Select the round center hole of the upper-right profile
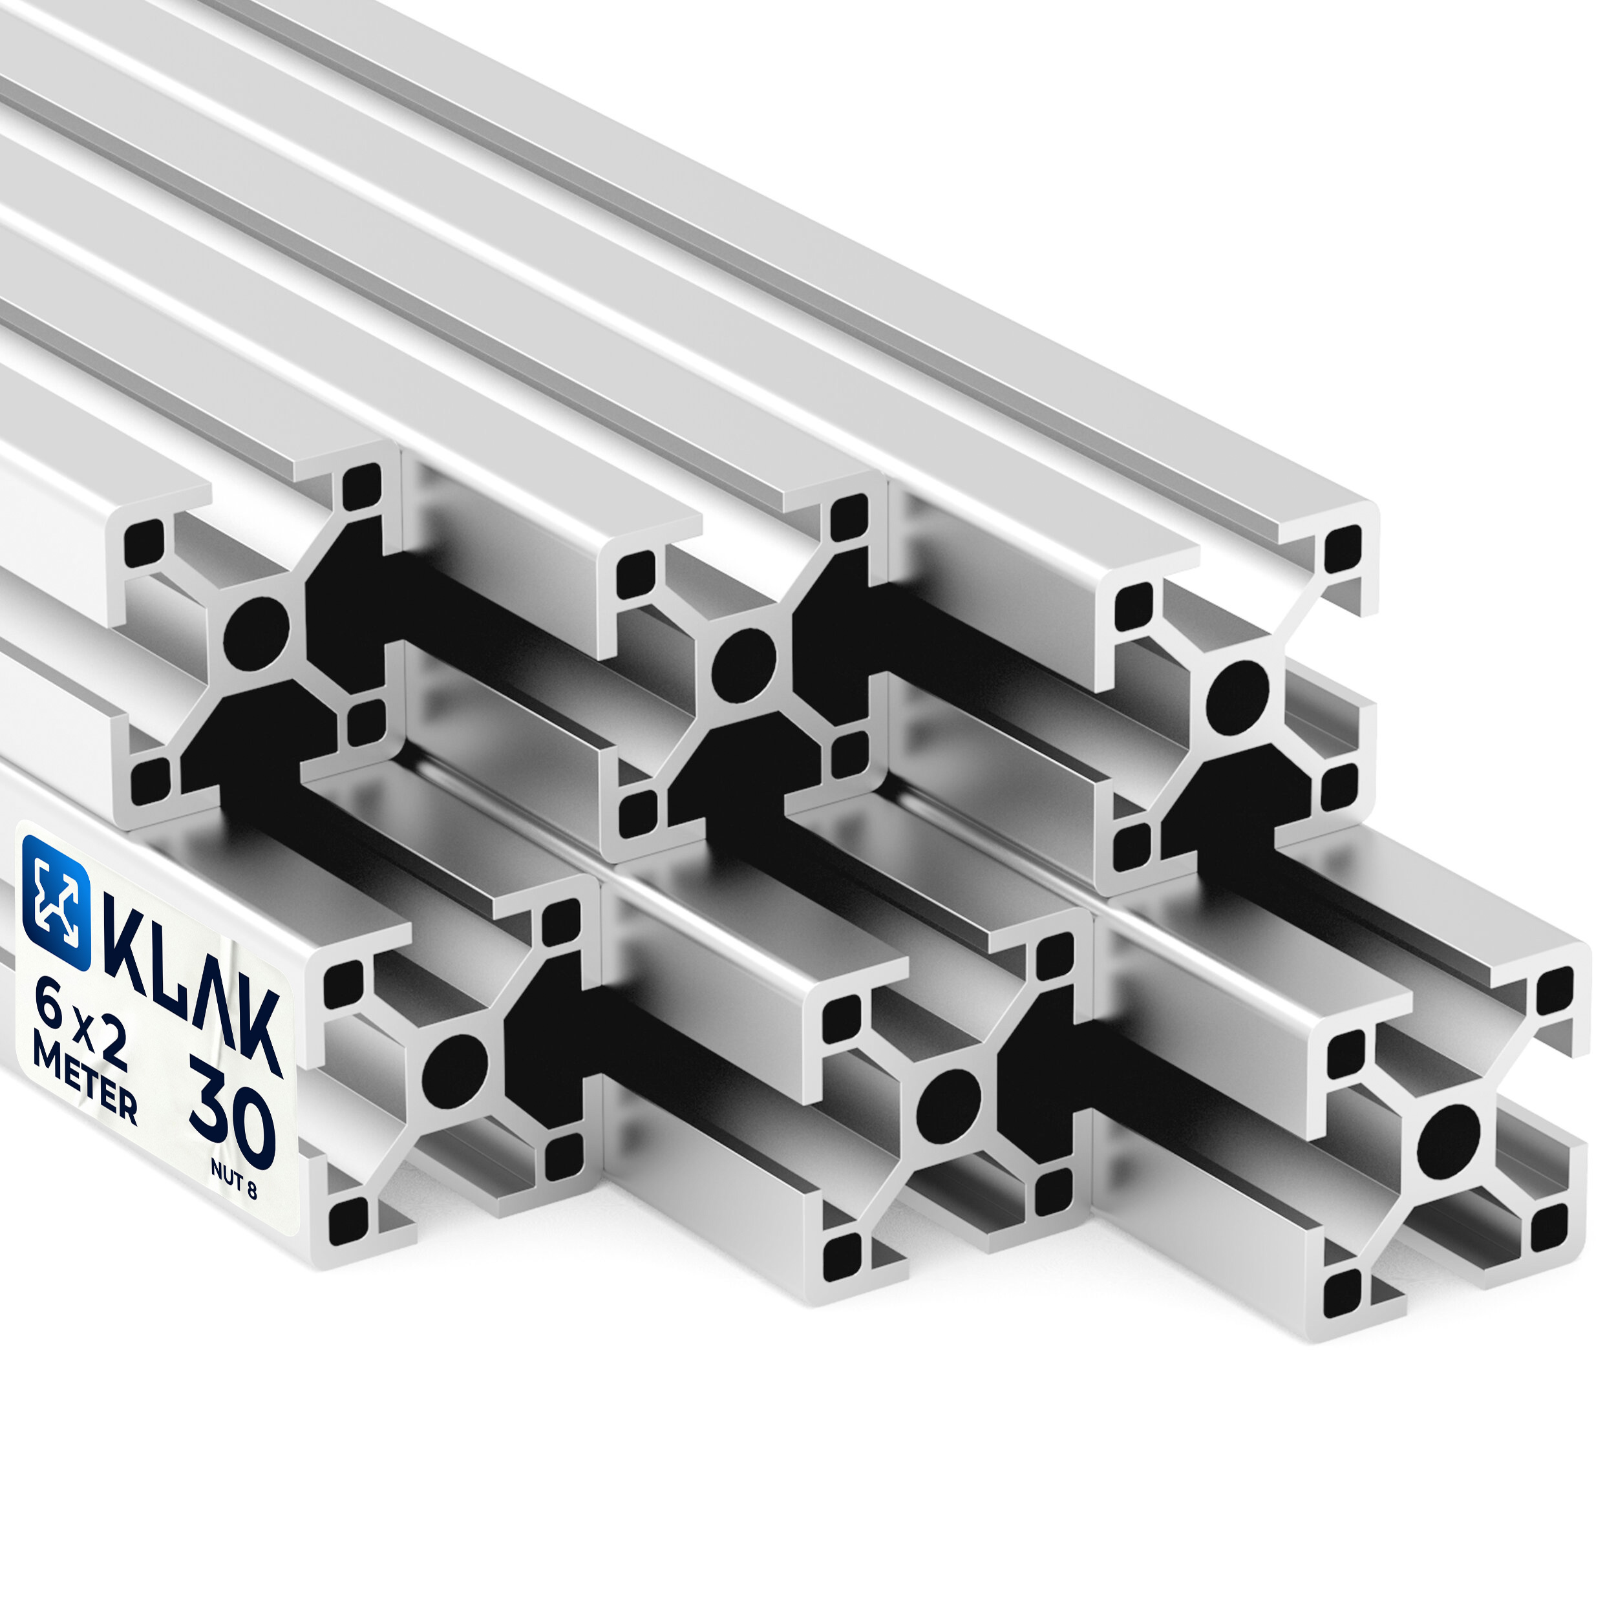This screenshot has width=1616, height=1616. click(x=1237, y=692)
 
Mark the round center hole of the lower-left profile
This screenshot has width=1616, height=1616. click(x=454, y=1072)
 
